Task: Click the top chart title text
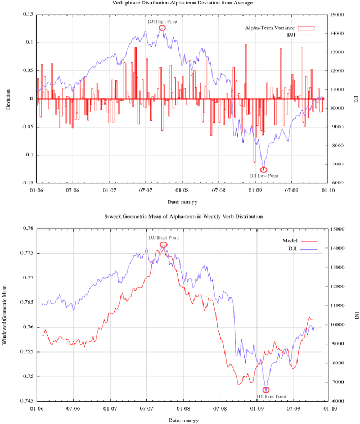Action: click(x=179, y=3)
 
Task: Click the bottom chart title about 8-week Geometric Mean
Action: click(x=179, y=217)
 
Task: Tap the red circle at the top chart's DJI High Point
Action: click(x=163, y=28)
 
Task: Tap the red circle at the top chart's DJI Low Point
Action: click(x=264, y=169)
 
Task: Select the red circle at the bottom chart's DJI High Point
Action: click(x=164, y=245)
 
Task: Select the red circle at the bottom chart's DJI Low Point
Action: click(x=266, y=390)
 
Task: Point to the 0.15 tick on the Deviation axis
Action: click(x=26, y=15)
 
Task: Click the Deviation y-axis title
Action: click(x=8, y=99)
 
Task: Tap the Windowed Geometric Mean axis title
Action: click(x=6, y=315)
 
